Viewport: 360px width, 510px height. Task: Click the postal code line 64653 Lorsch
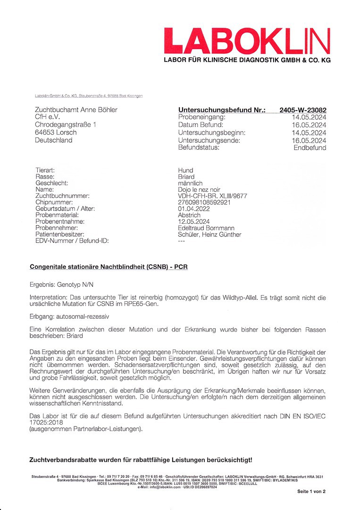point(56,132)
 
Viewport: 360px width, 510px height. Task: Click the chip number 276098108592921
point(204,202)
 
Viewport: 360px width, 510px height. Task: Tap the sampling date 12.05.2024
point(194,221)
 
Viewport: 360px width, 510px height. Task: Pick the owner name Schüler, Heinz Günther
point(209,235)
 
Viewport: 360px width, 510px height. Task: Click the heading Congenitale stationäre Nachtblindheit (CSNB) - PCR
point(109,266)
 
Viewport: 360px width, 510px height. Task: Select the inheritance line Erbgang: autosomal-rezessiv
point(69,314)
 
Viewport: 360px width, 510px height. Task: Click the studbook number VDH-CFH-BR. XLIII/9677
point(212,196)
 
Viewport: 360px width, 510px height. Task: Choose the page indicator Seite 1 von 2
point(311,492)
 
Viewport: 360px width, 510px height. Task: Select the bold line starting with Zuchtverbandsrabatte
point(141,459)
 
